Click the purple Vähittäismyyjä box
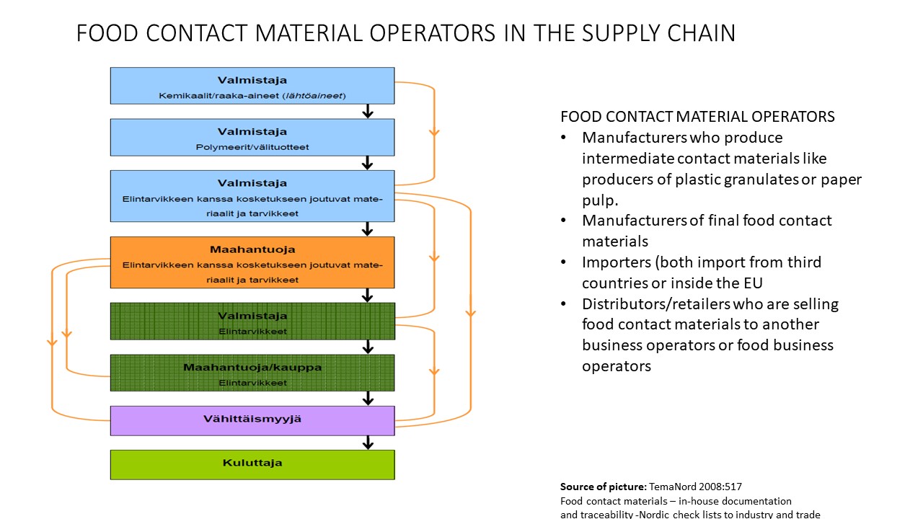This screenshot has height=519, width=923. (x=252, y=420)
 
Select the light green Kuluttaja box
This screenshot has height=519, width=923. (x=252, y=464)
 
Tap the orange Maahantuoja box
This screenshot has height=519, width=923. (x=252, y=262)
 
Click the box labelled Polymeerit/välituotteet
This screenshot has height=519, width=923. (x=252, y=137)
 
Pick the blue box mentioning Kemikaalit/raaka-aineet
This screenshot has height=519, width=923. (x=252, y=85)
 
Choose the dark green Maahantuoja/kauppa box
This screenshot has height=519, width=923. (x=252, y=373)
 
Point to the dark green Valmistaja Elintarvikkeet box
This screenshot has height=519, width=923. (x=252, y=321)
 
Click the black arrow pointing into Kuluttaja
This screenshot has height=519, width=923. (x=368, y=442)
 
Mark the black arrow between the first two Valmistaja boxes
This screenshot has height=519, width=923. (x=368, y=111)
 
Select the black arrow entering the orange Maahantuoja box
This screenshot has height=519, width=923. (x=368, y=229)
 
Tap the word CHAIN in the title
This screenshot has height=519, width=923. (x=694, y=33)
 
